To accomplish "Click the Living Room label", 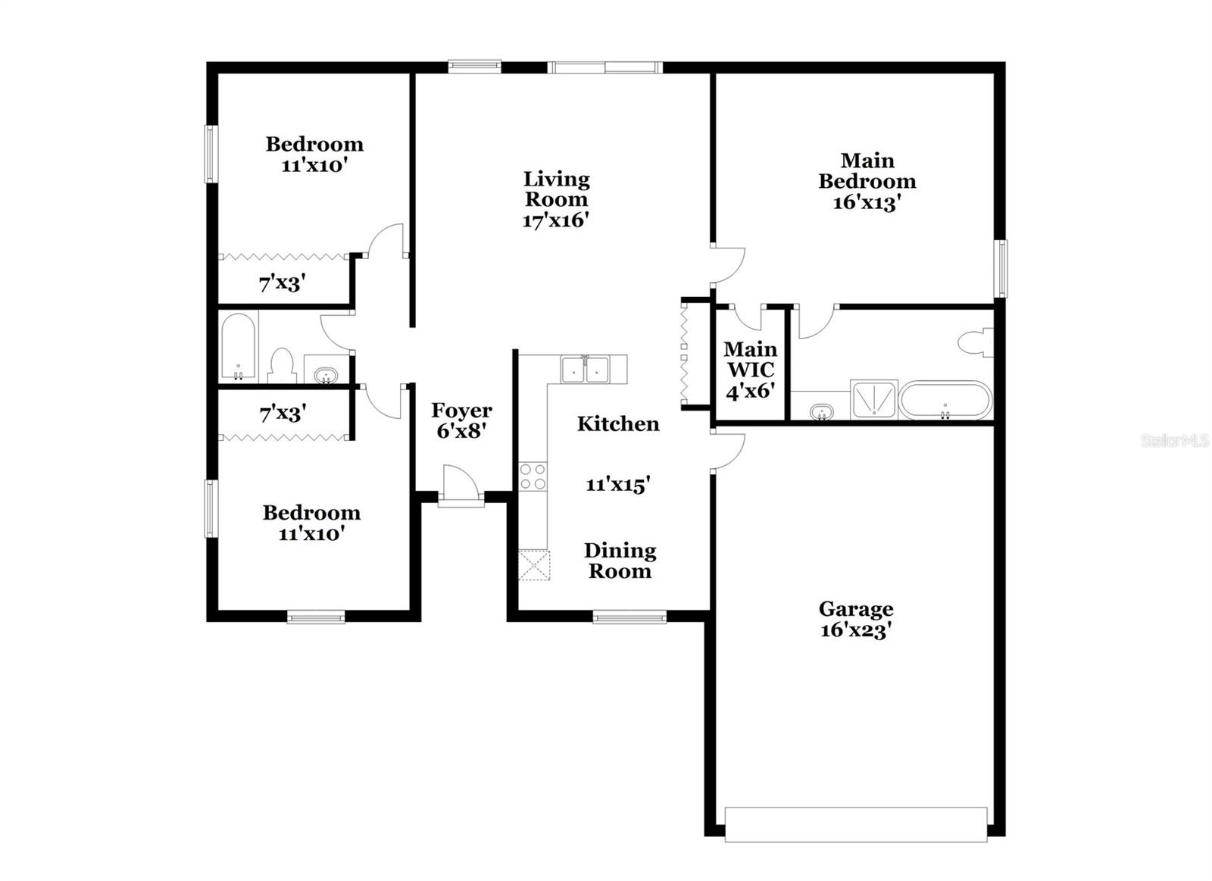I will point(556,189).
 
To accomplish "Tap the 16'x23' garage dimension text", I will point(854,630).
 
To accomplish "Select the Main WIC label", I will point(750,360).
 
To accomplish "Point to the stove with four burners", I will point(533,476).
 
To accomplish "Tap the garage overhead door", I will point(856,824).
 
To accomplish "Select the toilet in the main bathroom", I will point(977,342).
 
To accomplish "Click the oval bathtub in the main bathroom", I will point(945,400).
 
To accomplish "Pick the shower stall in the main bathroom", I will point(873,399).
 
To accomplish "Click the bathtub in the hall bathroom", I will point(238,347).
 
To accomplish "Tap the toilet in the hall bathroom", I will point(282,365).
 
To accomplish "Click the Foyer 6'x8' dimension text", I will point(461,431).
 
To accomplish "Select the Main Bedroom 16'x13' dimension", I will point(867,203).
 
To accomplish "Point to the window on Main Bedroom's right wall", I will point(1001,268).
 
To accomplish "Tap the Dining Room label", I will point(620,561).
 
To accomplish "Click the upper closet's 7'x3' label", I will point(282,284).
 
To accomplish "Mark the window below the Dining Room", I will point(629,617).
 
